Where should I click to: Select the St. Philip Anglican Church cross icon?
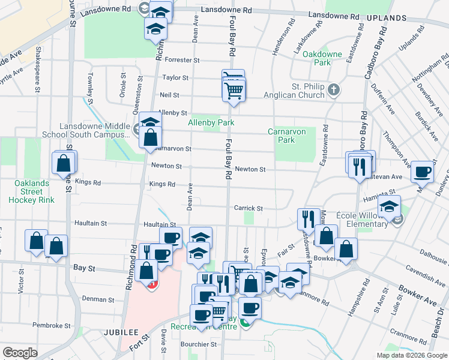click(334, 89)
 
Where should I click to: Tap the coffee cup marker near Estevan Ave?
click(422, 172)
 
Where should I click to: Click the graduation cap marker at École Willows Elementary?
click(390, 207)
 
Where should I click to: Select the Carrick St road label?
click(249, 208)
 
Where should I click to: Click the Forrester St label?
click(182, 60)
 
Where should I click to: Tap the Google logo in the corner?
click(20, 353)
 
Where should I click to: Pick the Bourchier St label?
click(200, 344)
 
